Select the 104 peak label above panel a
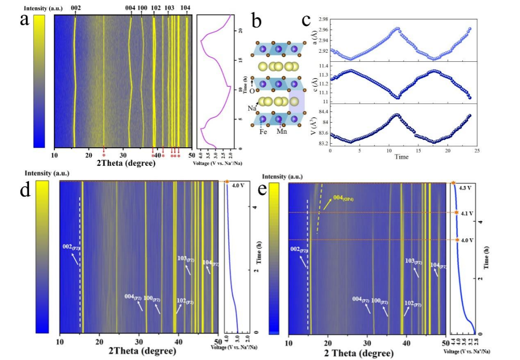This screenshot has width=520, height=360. tap(185, 8)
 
